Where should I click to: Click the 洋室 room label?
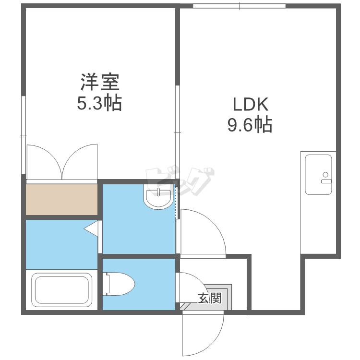pyautogui.click(x=100, y=82)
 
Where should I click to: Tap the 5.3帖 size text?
pyautogui.click(x=99, y=103)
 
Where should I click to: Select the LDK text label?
pyautogui.click(x=251, y=105)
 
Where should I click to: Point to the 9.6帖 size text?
pyautogui.click(x=250, y=125)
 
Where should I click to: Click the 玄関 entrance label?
pyautogui.click(x=210, y=298)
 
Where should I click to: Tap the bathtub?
pyautogui.click(x=61, y=290)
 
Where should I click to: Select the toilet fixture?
pyautogui.click(x=119, y=284)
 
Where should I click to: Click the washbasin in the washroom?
pyautogui.click(x=158, y=196)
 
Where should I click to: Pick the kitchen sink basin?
pyautogui.click(x=318, y=175)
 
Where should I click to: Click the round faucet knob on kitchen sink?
pyautogui.click(x=325, y=175)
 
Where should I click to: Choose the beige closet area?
pyautogui.click(x=61, y=200)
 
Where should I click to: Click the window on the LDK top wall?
pyautogui.click(x=239, y=6)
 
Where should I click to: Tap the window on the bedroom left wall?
pyautogui.click(x=23, y=135)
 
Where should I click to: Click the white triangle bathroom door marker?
pyautogui.click(x=91, y=228)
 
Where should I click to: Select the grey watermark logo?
pyautogui.click(x=180, y=181)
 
